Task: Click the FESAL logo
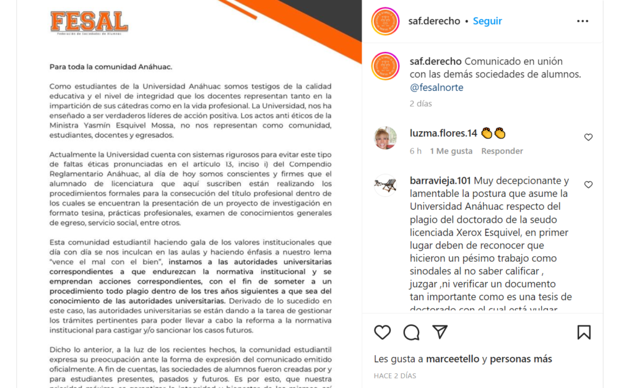(89, 23)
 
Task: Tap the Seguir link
(487, 21)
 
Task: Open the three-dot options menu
(582, 21)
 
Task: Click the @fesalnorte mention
(436, 87)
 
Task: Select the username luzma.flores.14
(443, 133)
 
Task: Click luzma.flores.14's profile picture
(385, 137)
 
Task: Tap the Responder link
(502, 151)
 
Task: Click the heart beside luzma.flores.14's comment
(588, 137)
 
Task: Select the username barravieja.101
(440, 181)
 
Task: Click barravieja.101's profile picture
(385, 185)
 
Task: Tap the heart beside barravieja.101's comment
(588, 184)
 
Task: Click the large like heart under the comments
(383, 332)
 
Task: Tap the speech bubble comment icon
(411, 332)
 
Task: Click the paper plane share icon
(440, 332)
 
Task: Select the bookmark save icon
(583, 332)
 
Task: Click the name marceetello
(453, 359)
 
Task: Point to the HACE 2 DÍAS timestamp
(395, 376)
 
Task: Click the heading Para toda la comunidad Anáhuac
(111, 66)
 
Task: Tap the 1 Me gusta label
(451, 151)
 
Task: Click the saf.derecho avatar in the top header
(385, 21)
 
